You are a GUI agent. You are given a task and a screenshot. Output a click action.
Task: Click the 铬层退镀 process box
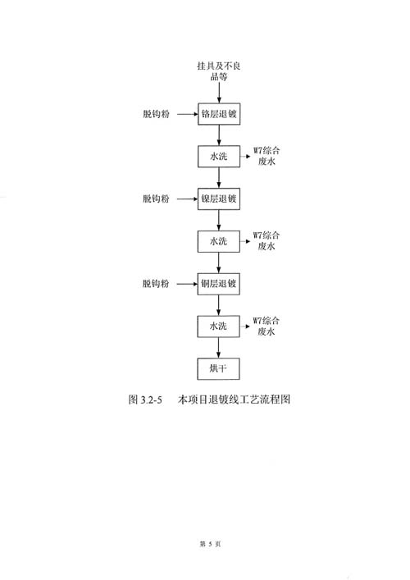pos(219,114)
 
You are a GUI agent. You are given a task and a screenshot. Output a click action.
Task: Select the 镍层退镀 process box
pos(219,199)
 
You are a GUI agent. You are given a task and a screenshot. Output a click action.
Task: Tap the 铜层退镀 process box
pos(218,284)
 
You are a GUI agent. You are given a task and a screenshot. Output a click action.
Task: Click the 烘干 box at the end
pos(218,369)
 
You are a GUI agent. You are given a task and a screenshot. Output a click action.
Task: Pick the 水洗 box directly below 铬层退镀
pos(219,157)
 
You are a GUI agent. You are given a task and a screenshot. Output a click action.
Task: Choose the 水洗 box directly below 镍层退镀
pos(218,241)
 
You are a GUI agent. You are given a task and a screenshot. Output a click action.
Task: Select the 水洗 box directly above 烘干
pos(218,327)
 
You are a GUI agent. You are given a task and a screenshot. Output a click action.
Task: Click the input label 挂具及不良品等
pos(219,71)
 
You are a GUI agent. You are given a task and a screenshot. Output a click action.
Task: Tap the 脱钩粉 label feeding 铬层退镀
pos(157,114)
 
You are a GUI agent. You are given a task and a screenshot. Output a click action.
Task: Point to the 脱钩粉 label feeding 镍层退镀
pos(156,199)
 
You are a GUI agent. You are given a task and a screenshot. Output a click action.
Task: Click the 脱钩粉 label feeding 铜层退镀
pos(156,284)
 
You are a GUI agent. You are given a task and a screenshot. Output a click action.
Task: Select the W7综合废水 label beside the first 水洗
pos(266,156)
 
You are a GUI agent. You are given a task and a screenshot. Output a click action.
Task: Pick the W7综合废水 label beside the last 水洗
pos(266,326)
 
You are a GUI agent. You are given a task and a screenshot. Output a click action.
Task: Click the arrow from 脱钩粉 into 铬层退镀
pos(188,114)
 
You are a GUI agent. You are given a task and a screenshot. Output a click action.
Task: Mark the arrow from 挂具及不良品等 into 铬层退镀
pos(219,93)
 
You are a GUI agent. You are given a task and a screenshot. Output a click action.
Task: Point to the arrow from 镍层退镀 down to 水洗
pos(219,220)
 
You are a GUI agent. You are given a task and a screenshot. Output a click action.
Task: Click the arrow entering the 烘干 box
pos(218,348)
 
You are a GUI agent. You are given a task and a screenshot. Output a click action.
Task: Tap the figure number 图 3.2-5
pos(145,400)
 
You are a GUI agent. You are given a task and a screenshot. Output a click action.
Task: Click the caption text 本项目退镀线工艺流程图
pos(234,400)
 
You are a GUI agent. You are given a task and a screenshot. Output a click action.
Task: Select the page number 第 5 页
pos(211,544)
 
